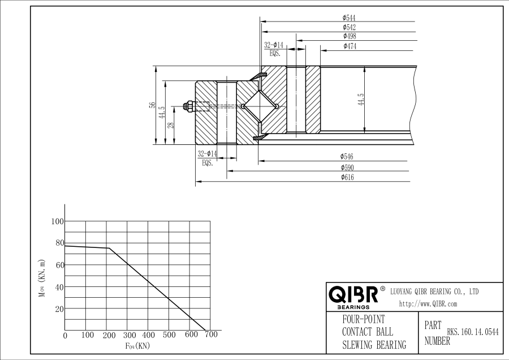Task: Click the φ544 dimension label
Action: (x=349, y=18)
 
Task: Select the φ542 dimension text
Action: (x=349, y=27)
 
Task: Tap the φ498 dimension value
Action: (x=349, y=36)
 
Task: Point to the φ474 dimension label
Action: (x=350, y=46)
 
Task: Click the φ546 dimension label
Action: (x=347, y=156)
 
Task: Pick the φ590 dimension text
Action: (x=347, y=167)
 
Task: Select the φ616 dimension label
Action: (x=347, y=177)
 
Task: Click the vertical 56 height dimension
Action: (x=152, y=105)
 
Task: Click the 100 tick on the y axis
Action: (x=58, y=221)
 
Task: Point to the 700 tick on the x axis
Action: (x=211, y=335)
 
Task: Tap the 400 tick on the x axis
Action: (x=149, y=335)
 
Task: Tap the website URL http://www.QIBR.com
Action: (x=428, y=304)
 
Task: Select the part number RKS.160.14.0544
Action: (x=473, y=333)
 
